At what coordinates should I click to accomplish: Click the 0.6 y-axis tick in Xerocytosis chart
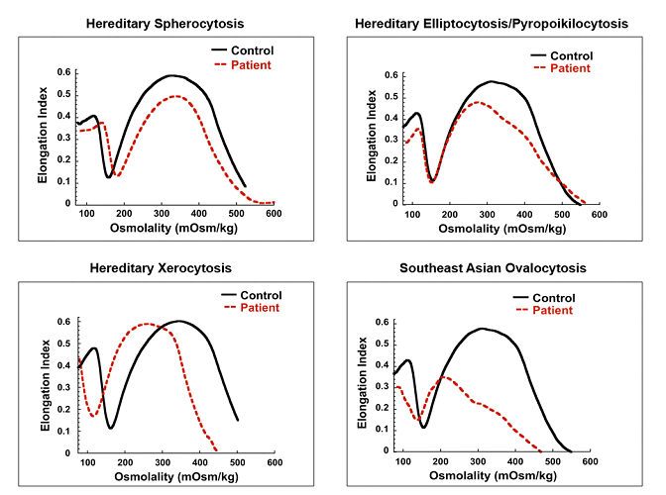click(x=64, y=322)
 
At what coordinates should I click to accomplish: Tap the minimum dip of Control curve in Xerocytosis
click(x=112, y=428)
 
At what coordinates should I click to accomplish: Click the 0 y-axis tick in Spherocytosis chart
click(x=69, y=203)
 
